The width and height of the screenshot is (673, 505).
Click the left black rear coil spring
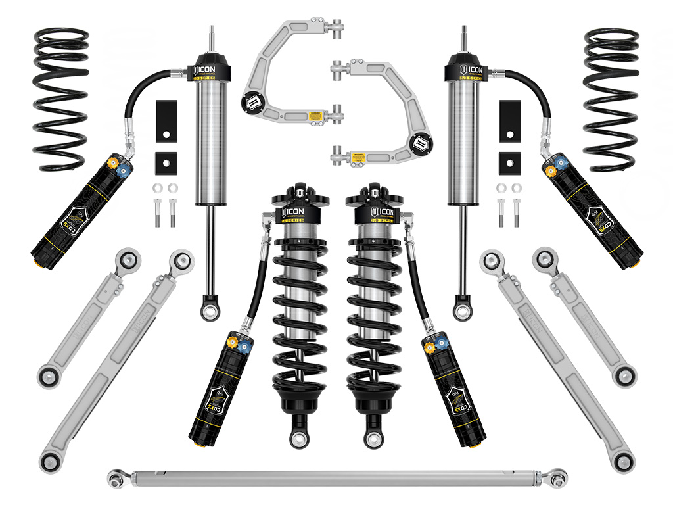(60, 99)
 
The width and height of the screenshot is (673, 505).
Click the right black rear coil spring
(611, 99)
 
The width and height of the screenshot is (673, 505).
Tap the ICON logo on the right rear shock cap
(465, 70)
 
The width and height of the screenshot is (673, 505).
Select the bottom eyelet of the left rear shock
(210, 311)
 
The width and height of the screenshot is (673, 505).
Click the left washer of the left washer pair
(158, 188)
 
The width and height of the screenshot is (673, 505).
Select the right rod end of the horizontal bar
(559, 474)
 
